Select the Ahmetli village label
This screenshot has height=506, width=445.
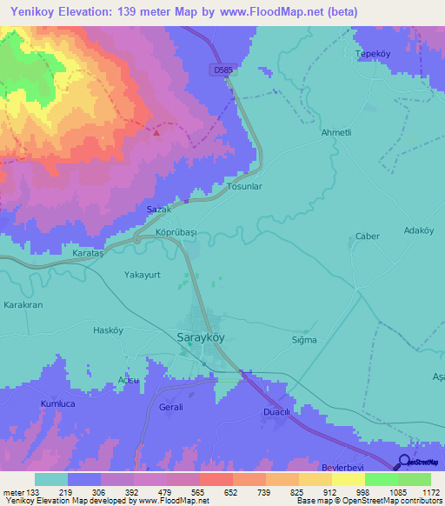point(336,132)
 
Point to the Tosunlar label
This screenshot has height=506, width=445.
point(243,186)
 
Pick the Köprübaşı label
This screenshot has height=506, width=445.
point(178,234)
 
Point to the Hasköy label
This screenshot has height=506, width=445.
point(110,330)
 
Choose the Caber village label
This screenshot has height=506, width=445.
point(368,236)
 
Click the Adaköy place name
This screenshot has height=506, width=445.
point(419,230)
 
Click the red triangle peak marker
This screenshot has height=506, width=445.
point(156,133)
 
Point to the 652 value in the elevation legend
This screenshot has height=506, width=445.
point(215,492)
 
